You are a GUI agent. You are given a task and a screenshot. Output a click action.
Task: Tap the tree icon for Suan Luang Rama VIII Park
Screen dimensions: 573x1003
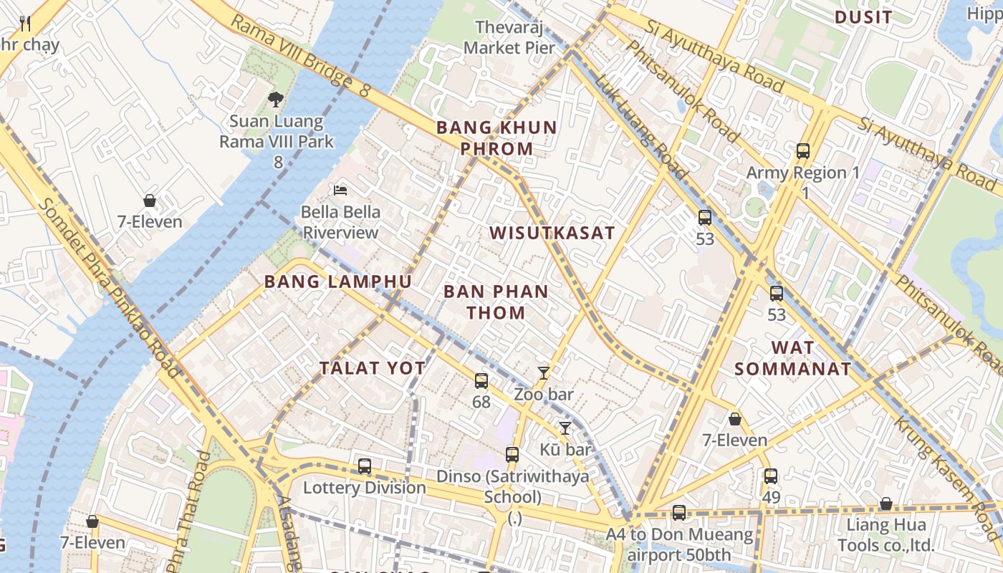(x=276, y=99)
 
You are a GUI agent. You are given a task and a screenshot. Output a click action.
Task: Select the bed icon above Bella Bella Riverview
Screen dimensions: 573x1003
(x=341, y=191)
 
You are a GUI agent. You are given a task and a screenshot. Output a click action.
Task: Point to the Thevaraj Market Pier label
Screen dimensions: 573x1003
(x=509, y=38)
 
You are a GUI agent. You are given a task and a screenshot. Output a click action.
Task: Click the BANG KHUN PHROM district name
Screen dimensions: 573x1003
(x=496, y=138)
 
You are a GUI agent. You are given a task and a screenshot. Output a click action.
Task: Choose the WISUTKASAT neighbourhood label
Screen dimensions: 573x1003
(x=552, y=233)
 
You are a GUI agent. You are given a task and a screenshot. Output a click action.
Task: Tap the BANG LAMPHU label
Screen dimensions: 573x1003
(x=338, y=281)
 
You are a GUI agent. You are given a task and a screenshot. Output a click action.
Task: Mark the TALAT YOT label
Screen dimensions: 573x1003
(x=373, y=368)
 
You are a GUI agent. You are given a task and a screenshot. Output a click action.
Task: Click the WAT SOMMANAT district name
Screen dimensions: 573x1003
(x=793, y=359)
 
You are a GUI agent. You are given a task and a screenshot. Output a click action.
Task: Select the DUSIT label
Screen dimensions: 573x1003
(x=864, y=17)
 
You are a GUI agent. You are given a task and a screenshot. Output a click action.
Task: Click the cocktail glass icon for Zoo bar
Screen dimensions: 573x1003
(x=544, y=372)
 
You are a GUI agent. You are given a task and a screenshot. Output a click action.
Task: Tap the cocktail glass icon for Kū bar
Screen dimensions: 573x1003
(x=565, y=428)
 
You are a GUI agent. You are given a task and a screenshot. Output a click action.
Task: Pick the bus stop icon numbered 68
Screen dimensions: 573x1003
(x=481, y=380)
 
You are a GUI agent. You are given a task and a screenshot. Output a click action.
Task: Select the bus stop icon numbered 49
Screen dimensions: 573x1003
(x=771, y=476)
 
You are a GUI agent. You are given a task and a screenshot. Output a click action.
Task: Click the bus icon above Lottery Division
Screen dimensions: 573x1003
(x=365, y=466)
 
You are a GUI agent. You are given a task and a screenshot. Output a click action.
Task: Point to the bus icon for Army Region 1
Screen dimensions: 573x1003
(x=803, y=151)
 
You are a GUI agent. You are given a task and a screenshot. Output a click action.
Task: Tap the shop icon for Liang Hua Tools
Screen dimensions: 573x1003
(x=886, y=504)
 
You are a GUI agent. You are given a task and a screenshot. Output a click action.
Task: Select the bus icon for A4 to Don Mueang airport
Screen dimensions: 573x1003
(x=679, y=513)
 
